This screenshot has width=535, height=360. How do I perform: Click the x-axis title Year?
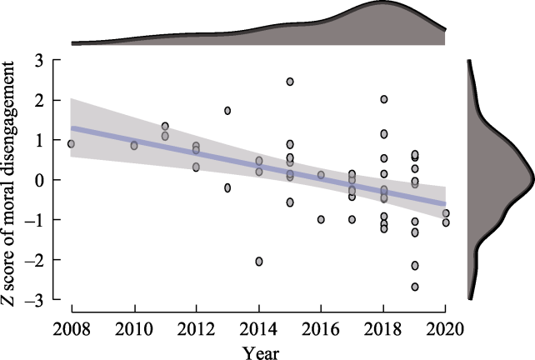pos(258,350)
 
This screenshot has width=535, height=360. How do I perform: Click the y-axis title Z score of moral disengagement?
pos(15,180)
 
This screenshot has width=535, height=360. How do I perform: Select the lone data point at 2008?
pos(72,144)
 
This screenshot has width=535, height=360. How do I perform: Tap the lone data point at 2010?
pos(134,146)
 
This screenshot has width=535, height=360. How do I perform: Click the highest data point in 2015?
pos(290,82)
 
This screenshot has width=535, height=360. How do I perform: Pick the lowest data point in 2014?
pos(259,262)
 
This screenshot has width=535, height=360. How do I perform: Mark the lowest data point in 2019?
pos(415,287)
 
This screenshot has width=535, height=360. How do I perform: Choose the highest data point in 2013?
pos(227,111)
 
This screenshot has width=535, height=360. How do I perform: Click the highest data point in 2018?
pos(384,99)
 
